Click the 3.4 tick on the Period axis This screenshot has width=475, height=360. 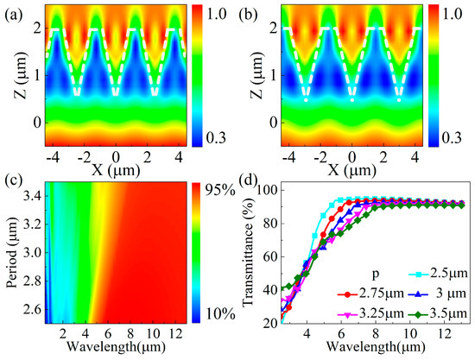30,199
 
